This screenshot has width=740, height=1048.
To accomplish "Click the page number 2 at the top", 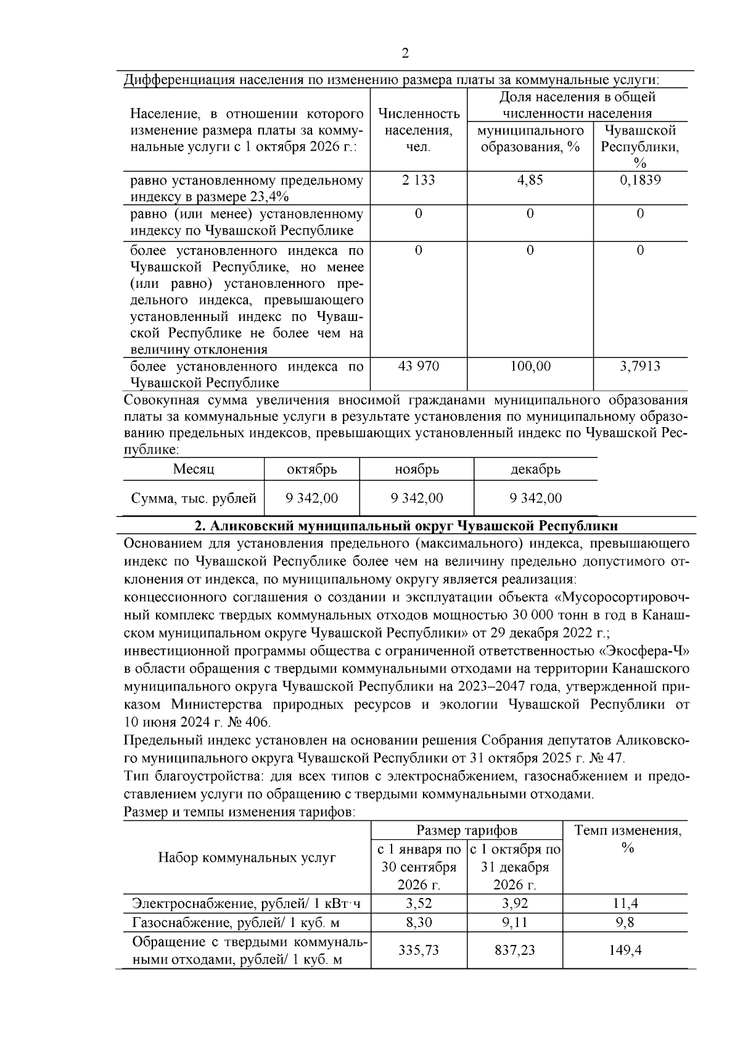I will point(405,54).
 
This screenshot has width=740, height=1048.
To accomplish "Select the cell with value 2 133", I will point(418,180).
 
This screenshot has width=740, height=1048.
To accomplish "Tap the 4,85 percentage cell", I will point(530,180).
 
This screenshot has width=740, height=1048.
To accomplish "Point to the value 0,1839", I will point(639,180).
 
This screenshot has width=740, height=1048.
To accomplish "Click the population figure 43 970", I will point(419,366).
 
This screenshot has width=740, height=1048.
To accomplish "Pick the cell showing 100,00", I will point(530,366).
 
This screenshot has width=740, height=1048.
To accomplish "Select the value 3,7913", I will point(639,366).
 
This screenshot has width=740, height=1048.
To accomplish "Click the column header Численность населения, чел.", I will point(418,130).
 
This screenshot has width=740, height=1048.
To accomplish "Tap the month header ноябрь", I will point(417,469).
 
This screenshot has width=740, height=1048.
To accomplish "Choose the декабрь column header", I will point(535,469).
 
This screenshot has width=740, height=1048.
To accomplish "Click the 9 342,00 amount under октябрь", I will point(311,498).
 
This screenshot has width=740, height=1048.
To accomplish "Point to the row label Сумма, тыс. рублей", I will point(193,498).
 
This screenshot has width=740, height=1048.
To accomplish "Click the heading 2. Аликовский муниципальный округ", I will point(406,526).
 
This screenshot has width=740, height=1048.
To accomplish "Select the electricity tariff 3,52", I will point(419,904).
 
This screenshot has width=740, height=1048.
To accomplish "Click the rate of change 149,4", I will point(625,950).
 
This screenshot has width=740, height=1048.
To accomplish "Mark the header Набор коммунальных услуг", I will point(247,857).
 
